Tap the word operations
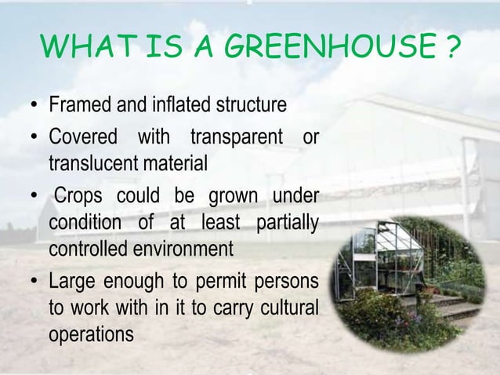91,331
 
